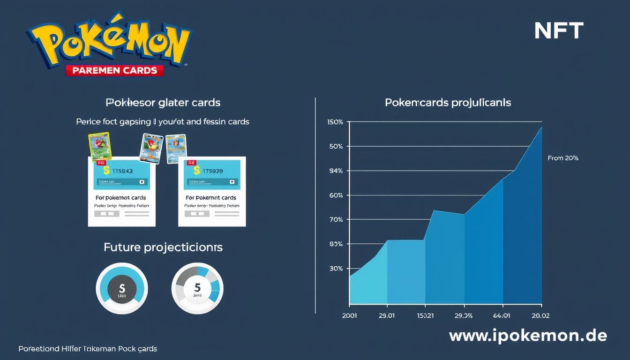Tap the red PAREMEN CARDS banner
pyautogui.click(x=114, y=70)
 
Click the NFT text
pyautogui.click(x=558, y=31)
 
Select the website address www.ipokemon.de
pyautogui.click(x=528, y=336)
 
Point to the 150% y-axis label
pyautogui.click(x=336, y=122)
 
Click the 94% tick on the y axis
pyautogui.click(x=336, y=171)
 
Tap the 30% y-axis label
pyautogui.click(x=336, y=269)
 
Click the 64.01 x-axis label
pyautogui.click(x=502, y=315)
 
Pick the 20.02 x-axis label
pyautogui.click(x=540, y=315)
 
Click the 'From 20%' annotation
pyautogui.click(x=562, y=158)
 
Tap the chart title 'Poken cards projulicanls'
pyautogui.click(x=448, y=102)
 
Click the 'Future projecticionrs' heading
pyautogui.click(x=163, y=247)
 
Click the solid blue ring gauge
pyautogui.click(x=122, y=288)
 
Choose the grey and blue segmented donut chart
pyautogui.click(x=197, y=288)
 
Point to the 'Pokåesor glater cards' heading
pyautogui.click(x=163, y=102)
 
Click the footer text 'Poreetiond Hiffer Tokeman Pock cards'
pyautogui.click(x=88, y=349)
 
